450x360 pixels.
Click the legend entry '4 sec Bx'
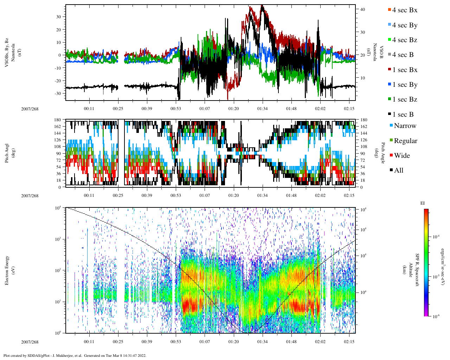coord(405,10)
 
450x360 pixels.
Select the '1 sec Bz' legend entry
coord(405,99)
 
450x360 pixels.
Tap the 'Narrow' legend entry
coord(405,126)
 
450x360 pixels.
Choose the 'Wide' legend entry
coord(402,156)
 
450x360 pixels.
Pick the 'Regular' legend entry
coord(405,141)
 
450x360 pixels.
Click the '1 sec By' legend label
coord(405,85)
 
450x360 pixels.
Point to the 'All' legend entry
coord(399,171)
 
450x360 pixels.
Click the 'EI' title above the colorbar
coord(423,203)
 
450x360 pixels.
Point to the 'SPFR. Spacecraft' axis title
coord(417,270)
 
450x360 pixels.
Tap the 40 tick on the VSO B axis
coord(362,9)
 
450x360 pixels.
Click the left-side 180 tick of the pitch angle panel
coord(58,120)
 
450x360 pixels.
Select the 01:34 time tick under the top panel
coord(262,109)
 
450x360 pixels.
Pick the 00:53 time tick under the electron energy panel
coord(176,342)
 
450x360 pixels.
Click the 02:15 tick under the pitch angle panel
coord(349,195)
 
